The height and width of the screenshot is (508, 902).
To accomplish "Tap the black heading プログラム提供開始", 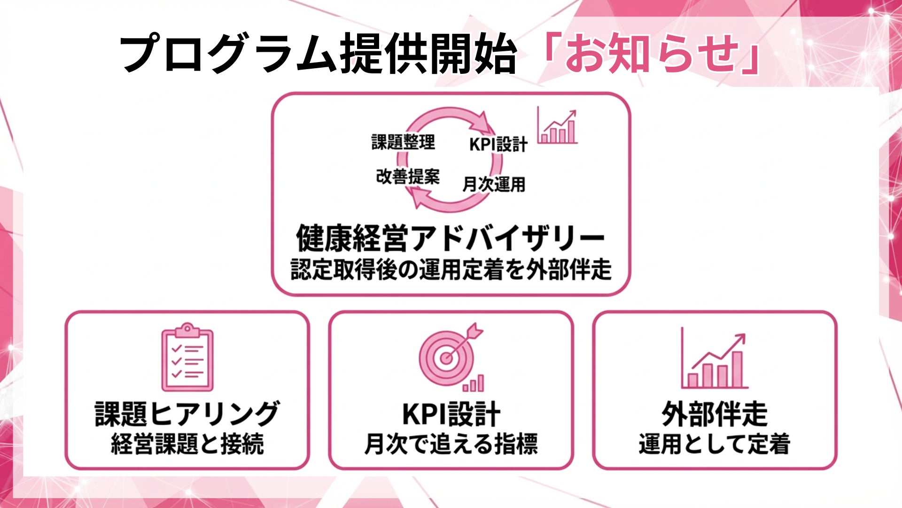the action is pyautogui.click(x=318, y=54).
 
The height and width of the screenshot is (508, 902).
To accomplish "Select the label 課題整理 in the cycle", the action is pyautogui.click(x=403, y=142).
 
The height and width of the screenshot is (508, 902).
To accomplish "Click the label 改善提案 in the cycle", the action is pyautogui.click(x=408, y=177).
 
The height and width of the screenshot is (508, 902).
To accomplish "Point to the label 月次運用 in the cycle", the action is pyautogui.click(x=494, y=184).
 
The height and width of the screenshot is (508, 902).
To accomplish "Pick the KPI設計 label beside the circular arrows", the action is pyautogui.click(x=498, y=144).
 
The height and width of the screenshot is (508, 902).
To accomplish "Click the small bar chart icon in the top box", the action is pyautogui.click(x=558, y=126).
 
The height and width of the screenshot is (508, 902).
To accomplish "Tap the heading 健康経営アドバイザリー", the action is pyautogui.click(x=450, y=238).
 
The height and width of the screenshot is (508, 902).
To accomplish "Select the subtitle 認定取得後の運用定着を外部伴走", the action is pyautogui.click(x=451, y=270).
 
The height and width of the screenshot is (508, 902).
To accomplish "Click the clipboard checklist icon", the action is pyautogui.click(x=187, y=358).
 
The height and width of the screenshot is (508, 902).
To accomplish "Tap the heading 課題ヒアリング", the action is pyautogui.click(x=187, y=414).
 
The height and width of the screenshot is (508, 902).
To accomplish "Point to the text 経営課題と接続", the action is pyautogui.click(x=187, y=444).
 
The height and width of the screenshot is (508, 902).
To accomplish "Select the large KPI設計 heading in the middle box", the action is pyautogui.click(x=451, y=414).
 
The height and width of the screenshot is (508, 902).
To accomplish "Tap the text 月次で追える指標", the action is pyautogui.click(x=451, y=444).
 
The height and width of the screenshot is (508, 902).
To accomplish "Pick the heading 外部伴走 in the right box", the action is pyautogui.click(x=714, y=414).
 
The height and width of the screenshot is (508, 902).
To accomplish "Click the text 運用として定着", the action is pyautogui.click(x=714, y=444).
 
